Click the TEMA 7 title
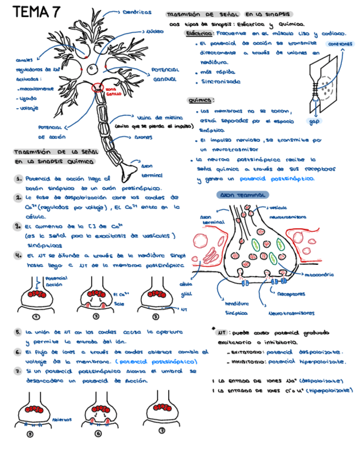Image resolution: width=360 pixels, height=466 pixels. tap(37, 12)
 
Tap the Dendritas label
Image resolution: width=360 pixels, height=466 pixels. tap(137, 12)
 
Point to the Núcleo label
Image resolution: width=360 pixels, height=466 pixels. tap(155, 31)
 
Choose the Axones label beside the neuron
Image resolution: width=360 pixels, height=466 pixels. tap(147, 137)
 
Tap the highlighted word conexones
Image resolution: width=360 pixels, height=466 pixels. tap(340, 45)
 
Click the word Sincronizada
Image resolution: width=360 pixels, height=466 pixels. tap(221, 82)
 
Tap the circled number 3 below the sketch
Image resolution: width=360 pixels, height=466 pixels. tap(156, 317)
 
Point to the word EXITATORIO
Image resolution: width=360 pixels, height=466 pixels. tap(247, 352)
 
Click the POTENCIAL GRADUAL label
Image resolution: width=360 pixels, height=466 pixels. tap(163, 75)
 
